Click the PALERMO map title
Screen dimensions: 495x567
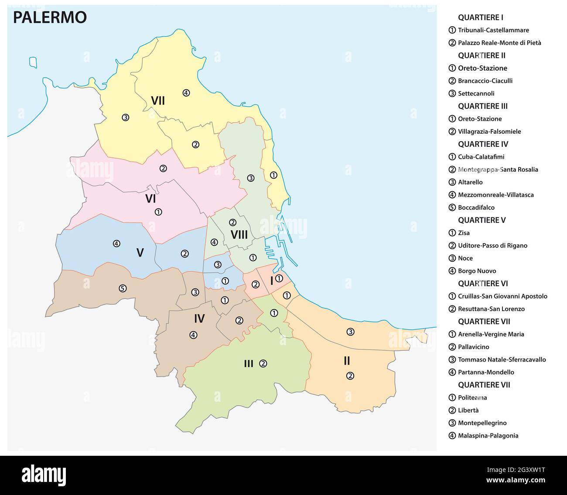pos(50,17)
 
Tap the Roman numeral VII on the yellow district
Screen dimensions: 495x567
pos(157,101)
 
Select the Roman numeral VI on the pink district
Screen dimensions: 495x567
pos(150,199)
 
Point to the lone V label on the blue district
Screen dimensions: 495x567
pos(140,253)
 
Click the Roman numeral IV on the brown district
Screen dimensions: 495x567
pos(199,319)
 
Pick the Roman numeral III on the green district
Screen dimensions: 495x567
pos(248,364)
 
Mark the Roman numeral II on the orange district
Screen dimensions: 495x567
pos(347,361)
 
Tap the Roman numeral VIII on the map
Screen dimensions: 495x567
pos(239,235)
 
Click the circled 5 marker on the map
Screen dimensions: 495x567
pos(123,288)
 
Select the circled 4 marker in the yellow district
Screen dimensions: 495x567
pos(186,93)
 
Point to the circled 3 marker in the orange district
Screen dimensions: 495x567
pos(350,332)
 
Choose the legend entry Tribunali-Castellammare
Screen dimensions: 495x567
pos(493,30)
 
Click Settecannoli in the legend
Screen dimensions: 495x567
pos(476,93)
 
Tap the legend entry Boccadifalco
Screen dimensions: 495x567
pos(476,207)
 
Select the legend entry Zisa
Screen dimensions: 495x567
pos(464,233)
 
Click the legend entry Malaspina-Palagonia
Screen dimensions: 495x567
pos(488,435)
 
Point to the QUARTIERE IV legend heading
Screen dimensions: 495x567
pos(483,144)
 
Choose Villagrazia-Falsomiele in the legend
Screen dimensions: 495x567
pos(489,132)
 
